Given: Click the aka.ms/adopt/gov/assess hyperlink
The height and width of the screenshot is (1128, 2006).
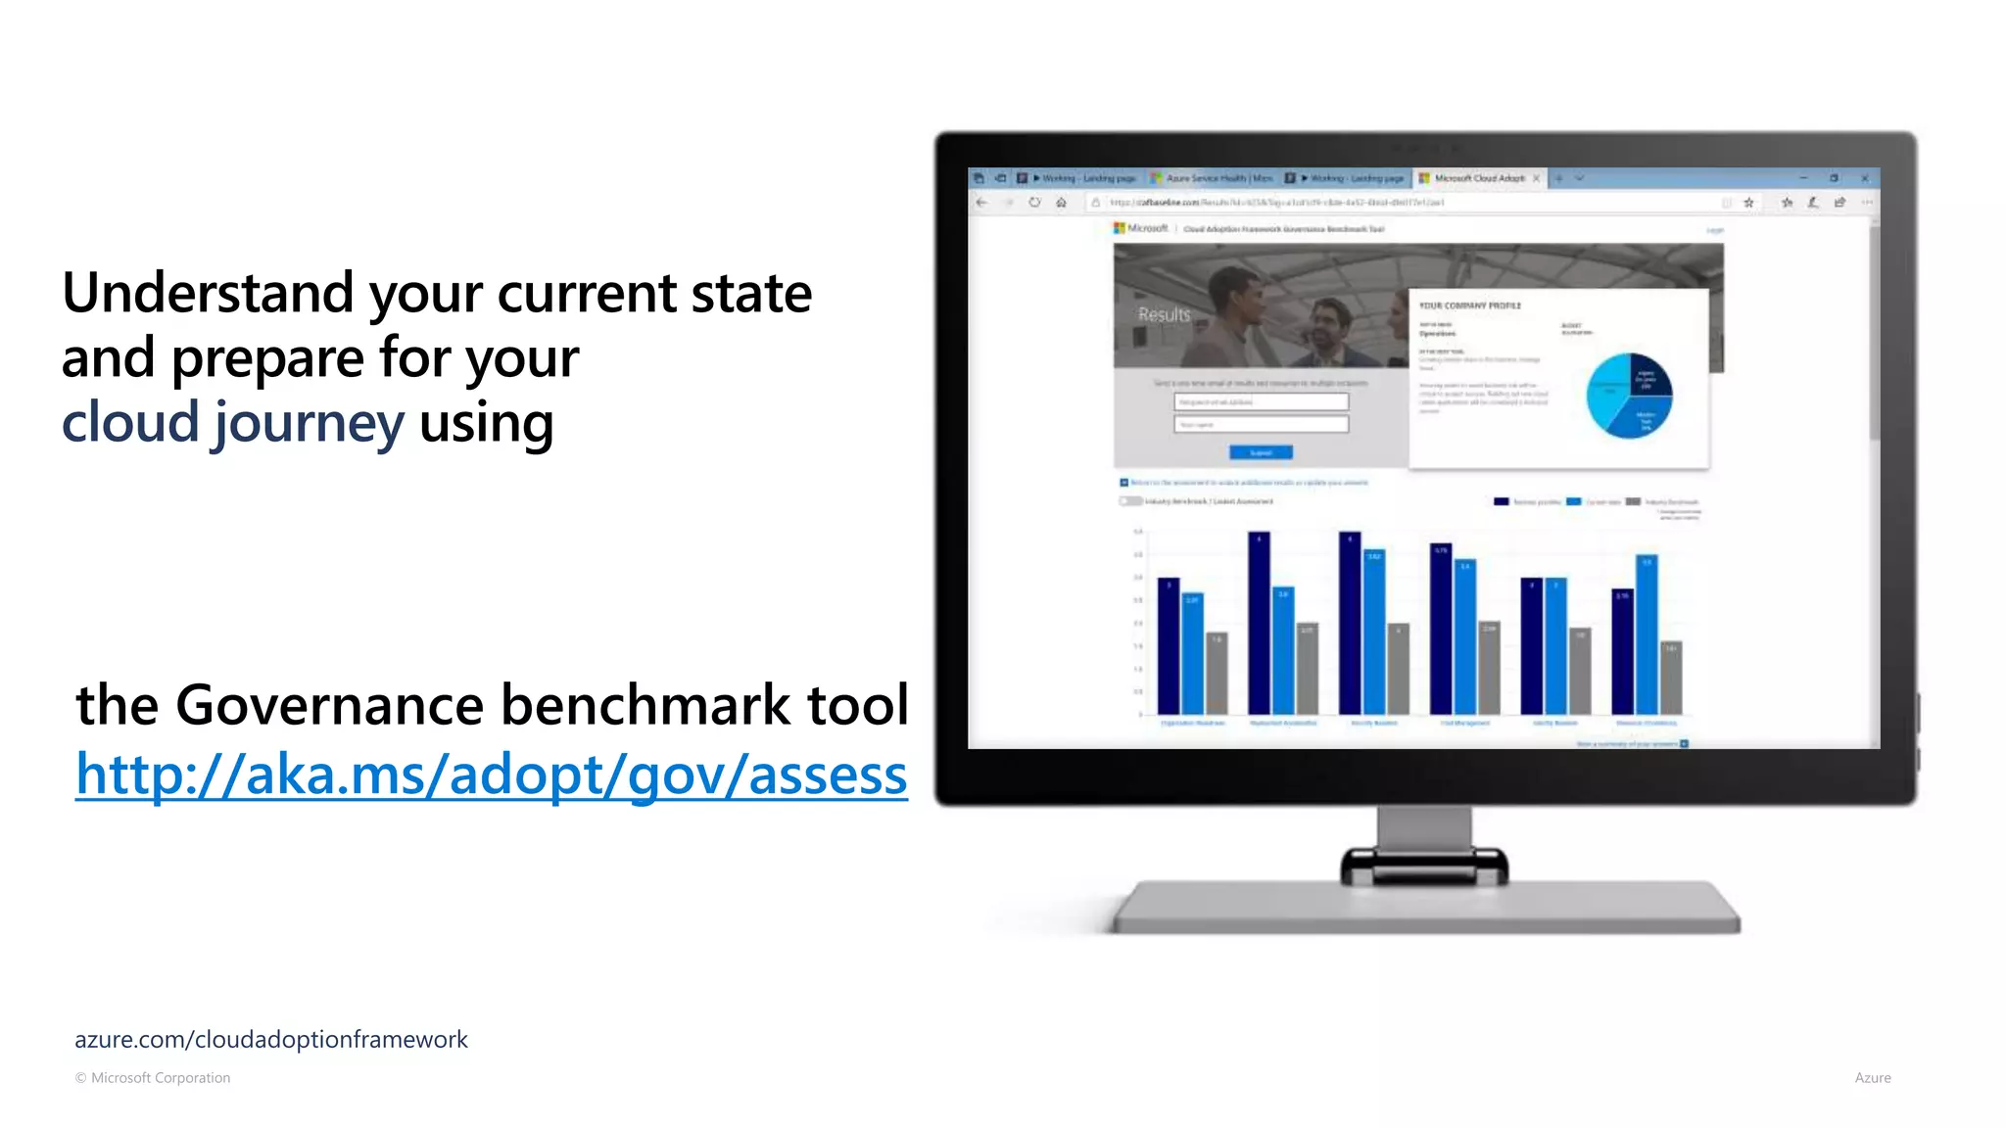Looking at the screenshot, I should coord(491,775).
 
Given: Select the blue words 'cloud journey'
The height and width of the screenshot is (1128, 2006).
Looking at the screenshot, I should coord(232,423).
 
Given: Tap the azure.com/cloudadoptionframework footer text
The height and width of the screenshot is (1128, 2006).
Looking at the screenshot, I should coord(270,1039).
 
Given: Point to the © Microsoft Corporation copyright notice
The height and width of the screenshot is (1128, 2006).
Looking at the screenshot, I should coord(153,1077).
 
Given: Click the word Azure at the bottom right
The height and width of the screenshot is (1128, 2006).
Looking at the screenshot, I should coord(1872,1077).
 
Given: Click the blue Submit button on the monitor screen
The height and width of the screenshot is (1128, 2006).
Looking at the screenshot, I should coord(1261,452).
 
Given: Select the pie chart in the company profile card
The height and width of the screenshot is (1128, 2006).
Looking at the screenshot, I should coord(1629,396).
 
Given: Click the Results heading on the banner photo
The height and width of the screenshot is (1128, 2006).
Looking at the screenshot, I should coord(1164,314).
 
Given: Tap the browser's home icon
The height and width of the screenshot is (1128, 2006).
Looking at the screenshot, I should coord(1061,203).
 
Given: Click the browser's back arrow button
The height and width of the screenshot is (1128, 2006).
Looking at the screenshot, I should coord(981,203).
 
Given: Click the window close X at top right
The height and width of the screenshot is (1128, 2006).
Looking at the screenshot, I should coord(1864,178).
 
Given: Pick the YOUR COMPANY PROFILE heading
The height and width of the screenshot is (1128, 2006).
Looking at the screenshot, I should coord(1470,305).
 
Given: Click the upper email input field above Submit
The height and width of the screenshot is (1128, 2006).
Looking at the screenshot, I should coord(1261,401).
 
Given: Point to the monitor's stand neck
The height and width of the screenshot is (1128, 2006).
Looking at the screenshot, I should coord(1423,829).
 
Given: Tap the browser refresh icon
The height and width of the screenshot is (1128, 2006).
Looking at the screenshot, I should coord(1034,203).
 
